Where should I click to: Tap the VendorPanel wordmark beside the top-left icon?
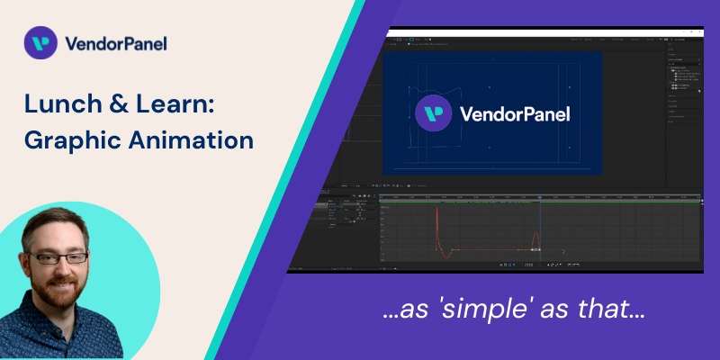pos(115,43)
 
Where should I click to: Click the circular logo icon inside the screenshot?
pos(434,114)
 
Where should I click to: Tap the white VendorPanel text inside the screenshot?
pos(514,115)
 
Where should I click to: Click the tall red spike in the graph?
pos(437,225)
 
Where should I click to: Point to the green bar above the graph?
pos(540,202)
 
